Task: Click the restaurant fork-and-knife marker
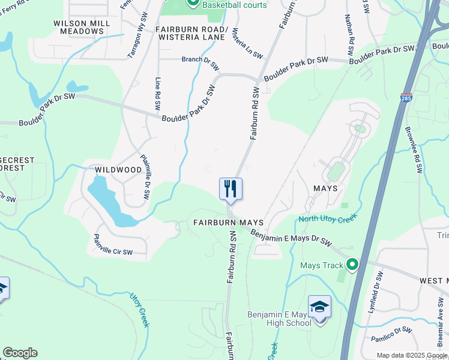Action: click(231, 189)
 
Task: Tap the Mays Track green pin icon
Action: click(352, 265)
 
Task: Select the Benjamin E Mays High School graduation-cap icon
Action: click(319, 307)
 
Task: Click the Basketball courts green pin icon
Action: click(193, 3)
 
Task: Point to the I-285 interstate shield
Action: click(406, 97)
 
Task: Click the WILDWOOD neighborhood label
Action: click(118, 170)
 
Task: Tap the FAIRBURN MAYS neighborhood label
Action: click(229, 222)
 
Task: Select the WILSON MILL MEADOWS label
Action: click(82, 26)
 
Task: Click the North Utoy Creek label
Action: click(328, 218)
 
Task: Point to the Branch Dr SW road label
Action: click(199, 59)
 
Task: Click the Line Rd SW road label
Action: click(158, 93)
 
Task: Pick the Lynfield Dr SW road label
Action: click(379, 288)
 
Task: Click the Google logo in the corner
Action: click(20, 353)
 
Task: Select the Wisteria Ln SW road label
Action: click(247, 43)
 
